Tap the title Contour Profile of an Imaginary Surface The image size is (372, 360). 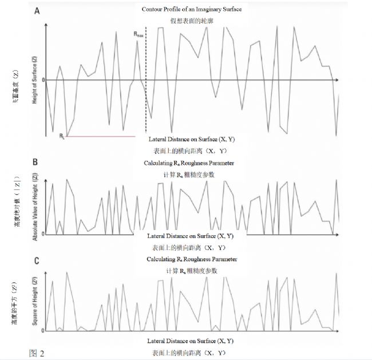tap(189, 10)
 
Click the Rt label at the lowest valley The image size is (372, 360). tap(62, 136)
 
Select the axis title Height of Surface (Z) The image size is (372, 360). tap(35, 80)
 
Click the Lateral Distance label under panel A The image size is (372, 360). tap(190, 140)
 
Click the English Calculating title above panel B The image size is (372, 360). tap(189, 163)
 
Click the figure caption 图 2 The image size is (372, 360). tap(36, 351)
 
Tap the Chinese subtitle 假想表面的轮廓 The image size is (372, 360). tap(189, 20)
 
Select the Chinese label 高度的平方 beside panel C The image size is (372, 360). tap(14, 310)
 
